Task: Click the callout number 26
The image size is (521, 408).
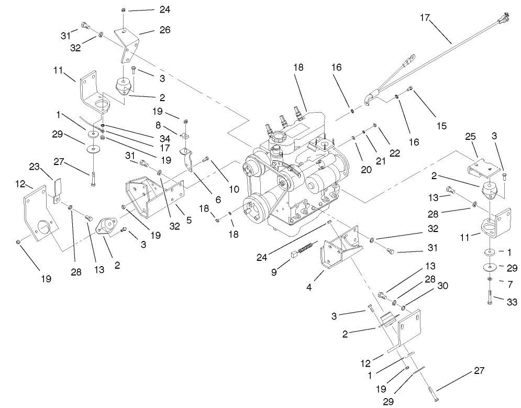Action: pyautogui.click(x=164, y=30)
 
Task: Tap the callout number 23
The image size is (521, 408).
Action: pyautogui.click(x=35, y=168)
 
